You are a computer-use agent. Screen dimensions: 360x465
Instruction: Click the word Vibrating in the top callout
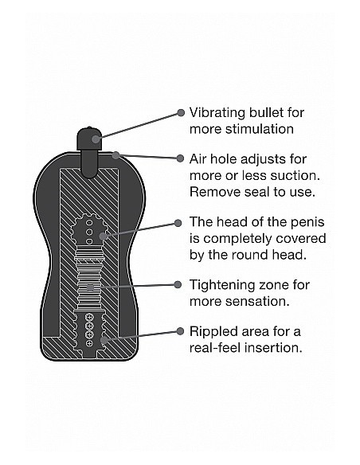tap(217, 113)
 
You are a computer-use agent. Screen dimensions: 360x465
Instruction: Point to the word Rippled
tap(210, 332)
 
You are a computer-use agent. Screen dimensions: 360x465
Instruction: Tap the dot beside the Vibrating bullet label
tap(181, 113)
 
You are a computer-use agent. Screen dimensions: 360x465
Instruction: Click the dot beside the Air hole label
tap(180, 158)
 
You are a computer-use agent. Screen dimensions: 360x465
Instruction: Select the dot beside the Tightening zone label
tap(178, 285)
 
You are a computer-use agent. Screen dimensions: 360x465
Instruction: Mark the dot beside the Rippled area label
tap(180, 331)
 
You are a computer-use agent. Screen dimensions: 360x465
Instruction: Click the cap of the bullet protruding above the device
tap(89, 139)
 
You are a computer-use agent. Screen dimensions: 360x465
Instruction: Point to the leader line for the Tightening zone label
tap(134, 286)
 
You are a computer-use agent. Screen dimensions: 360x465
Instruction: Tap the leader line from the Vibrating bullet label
tap(138, 126)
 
